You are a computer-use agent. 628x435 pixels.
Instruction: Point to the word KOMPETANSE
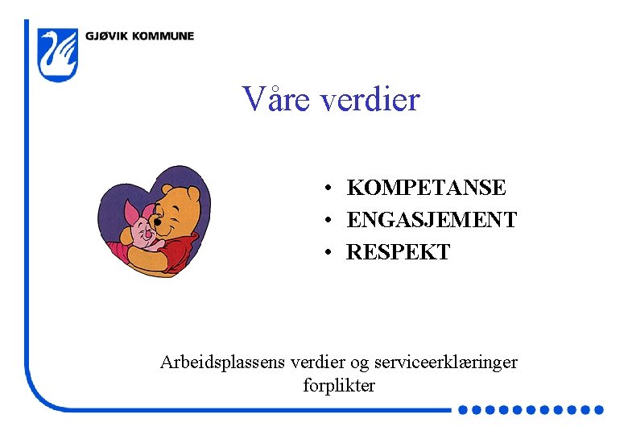pos(426,188)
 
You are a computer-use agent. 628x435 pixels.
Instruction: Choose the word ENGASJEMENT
pos(432,219)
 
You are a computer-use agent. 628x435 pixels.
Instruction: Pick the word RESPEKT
pos(398,251)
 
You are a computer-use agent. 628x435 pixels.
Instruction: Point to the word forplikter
pos(339,385)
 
